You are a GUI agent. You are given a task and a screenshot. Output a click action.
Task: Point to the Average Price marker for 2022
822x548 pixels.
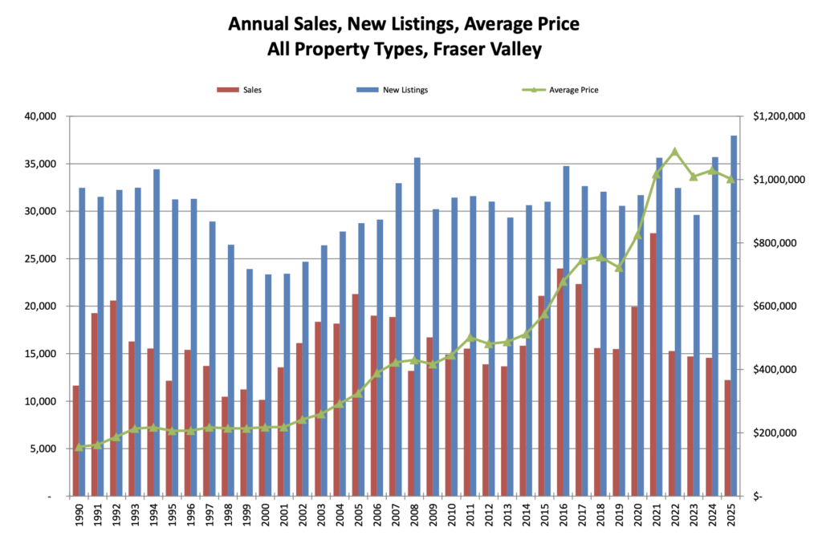tap(675, 151)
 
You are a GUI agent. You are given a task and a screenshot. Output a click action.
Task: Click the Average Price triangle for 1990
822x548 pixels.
tap(79, 447)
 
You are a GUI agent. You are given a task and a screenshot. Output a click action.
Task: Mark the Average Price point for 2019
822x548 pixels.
tap(619, 267)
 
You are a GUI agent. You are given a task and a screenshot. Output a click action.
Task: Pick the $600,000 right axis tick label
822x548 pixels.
tap(783, 306)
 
